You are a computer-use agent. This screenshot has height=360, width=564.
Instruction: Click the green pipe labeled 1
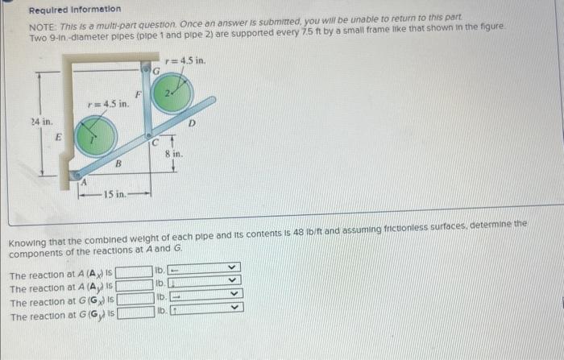pos(95,137)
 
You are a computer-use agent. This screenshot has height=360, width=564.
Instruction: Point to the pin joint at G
pos(146,70)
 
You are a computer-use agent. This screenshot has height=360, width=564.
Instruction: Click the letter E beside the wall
pos(57,136)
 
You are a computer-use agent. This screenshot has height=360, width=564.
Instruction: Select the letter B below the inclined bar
pos(118,164)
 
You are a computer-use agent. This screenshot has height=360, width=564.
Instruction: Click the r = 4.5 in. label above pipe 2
pos(185,60)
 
